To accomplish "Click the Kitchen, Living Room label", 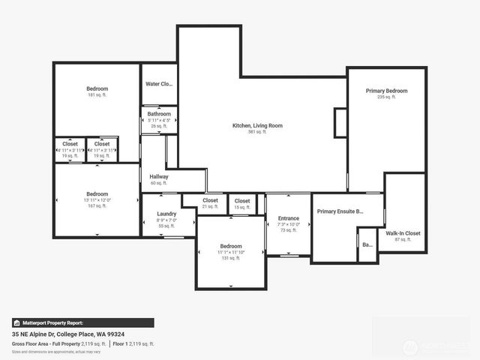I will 257,125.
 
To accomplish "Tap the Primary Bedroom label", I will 386,91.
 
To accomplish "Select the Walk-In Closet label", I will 403,233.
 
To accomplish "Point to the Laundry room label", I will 166,214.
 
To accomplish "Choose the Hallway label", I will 159,177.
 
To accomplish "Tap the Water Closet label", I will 159,84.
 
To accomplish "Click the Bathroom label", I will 159,114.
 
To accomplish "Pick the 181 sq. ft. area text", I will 97,95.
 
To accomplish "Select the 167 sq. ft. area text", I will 97,205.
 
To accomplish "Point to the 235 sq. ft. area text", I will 386,97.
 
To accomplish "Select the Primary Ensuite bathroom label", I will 340,211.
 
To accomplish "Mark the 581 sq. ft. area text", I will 257,131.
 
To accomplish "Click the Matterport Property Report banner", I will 82,322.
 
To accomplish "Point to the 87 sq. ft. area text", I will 403,239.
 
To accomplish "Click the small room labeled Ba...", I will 367,244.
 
